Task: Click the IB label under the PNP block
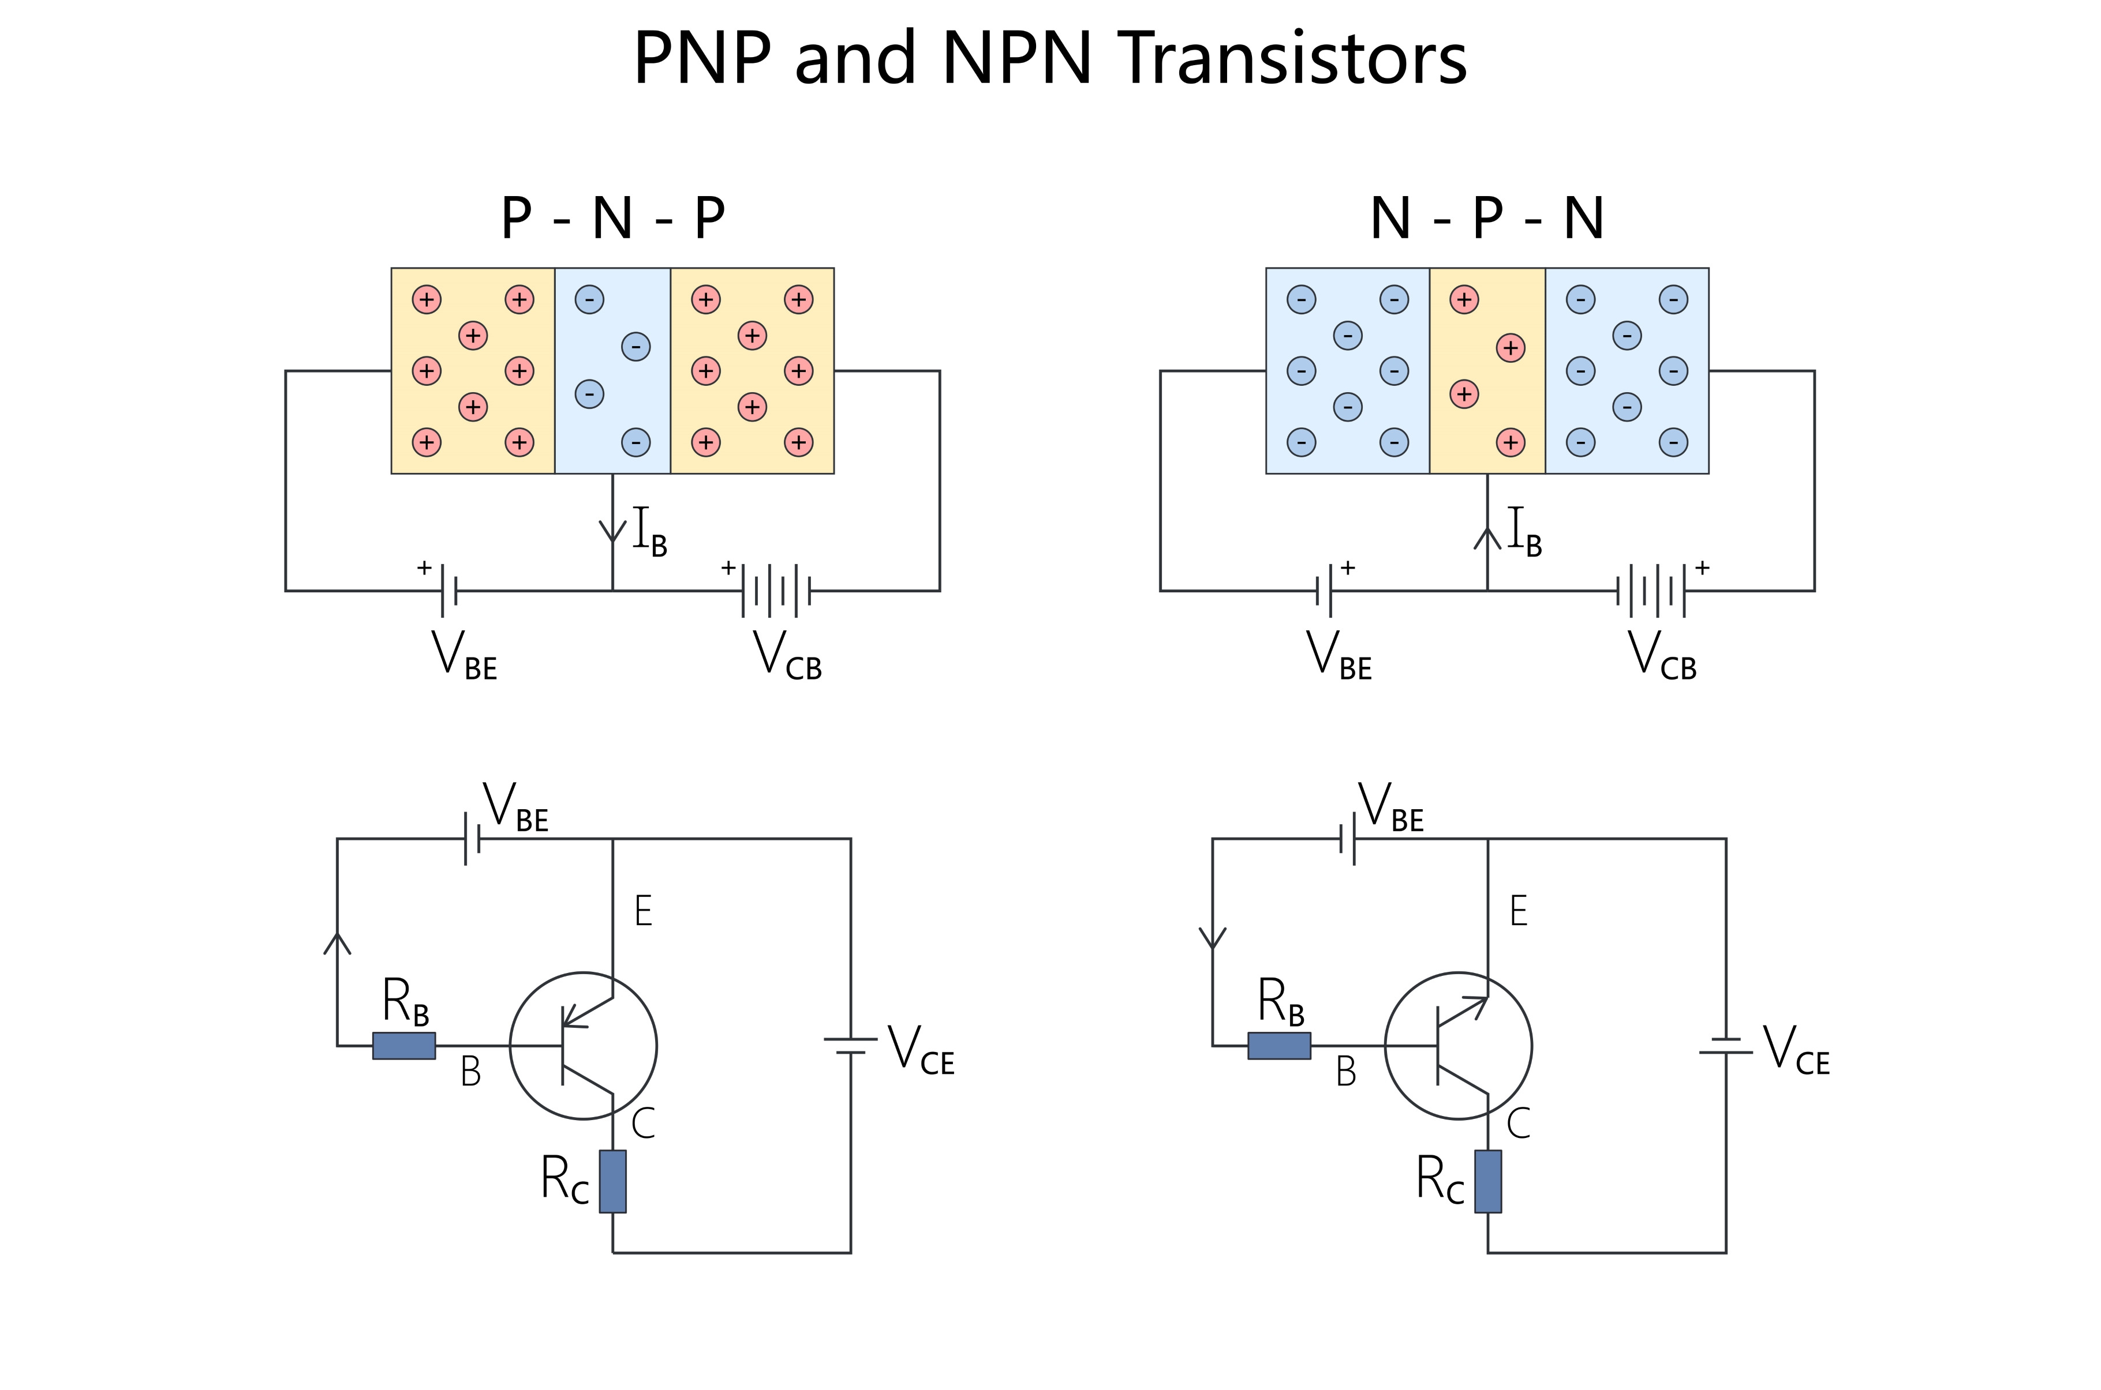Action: click(648, 532)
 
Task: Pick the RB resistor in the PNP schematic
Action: click(403, 1046)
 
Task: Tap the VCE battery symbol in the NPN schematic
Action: click(1725, 1046)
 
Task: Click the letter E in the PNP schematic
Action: click(643, 911)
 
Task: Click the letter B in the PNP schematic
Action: click(470, 1073)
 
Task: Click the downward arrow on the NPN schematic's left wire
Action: click(1212, 938)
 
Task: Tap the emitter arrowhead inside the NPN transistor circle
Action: click(1476, 1004)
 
